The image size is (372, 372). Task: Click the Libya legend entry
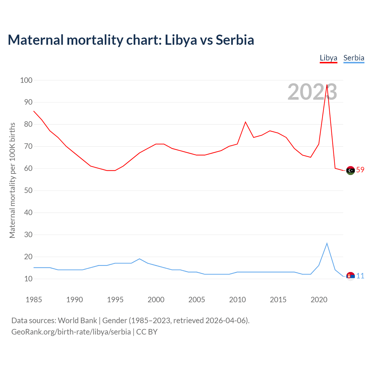[x=328, y=58]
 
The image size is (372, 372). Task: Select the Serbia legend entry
[x=354, y=58]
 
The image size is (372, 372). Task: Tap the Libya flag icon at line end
[x=350, y=170]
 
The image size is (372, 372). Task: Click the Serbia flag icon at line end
[x=350, y=276]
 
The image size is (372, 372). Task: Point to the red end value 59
[x=360, y=170]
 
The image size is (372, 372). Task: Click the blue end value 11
[x=360, y=276]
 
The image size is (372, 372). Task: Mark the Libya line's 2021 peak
[x=327, y=85]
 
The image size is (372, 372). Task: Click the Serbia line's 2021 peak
[x=327, y=243]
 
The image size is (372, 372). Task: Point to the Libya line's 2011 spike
[x=245, y=122]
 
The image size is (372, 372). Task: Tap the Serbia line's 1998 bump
[x=139, y=259]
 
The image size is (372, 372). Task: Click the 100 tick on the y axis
[x=26, y=80]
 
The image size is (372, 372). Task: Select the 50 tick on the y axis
[x=28, y=191]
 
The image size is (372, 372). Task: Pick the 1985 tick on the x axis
[x=34, y=300]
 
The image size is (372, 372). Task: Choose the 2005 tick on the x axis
[x=197, y=300]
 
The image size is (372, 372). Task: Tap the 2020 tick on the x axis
[x=319, y=300]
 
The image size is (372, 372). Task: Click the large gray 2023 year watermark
[x=312, y=92]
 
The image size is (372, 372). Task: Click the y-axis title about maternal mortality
[x=12, y=180]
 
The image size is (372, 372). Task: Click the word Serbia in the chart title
[x=235, y=40]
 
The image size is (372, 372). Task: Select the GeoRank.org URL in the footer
[x=71, y=332]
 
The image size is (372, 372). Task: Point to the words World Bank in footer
[x=77, y=320]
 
